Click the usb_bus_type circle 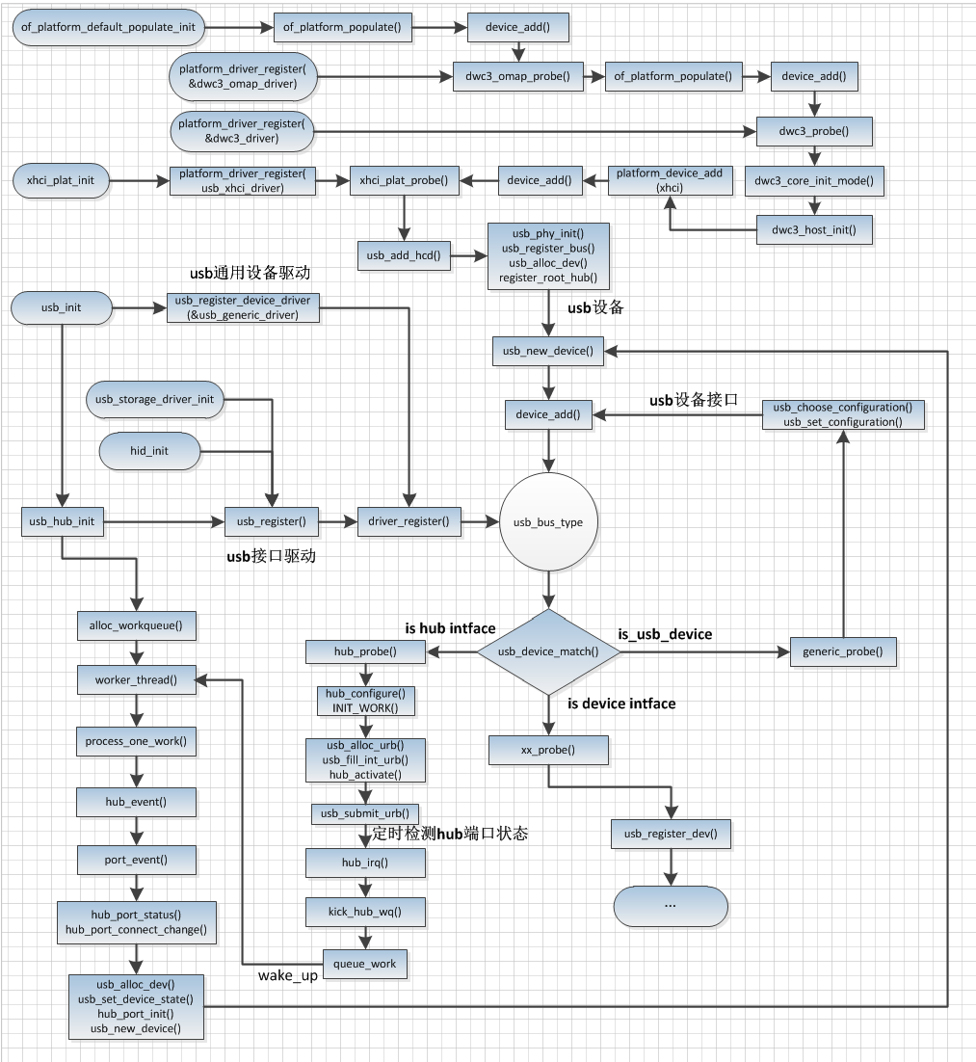tap(548, 522)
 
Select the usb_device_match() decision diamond tap(548, 651)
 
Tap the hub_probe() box tap(365, 652)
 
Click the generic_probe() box tap(843, 651)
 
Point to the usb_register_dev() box tap(671, 834)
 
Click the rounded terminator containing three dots tap(671, 905)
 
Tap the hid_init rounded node tap(149, 450)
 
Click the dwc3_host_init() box tap(814, 229)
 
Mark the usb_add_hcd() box tap(403, 255)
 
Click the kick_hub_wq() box tap(365, 911)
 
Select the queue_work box tap(364, 963)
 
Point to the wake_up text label tap(287, 976)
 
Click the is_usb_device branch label tap(664, 634)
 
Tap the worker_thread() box tap(136, 680)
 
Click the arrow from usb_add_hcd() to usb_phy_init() tap(468, 255)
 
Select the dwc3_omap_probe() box tap(518, 77)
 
